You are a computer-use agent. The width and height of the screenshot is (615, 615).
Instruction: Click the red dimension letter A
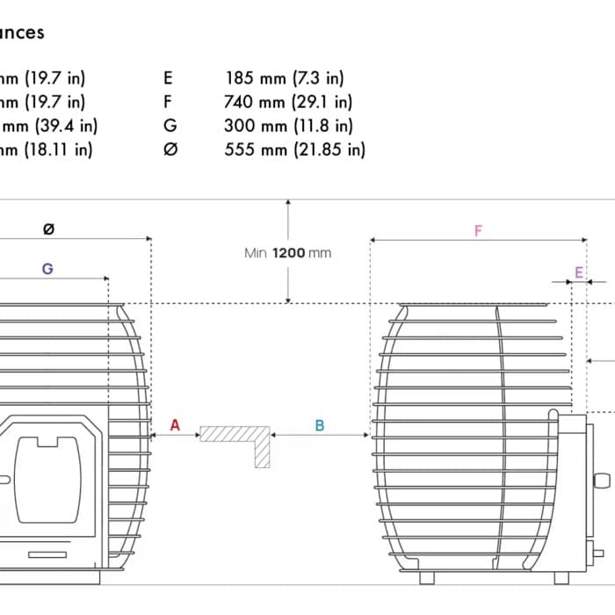click(x=175, y=425)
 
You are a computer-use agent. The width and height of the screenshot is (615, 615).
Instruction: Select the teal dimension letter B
click(x=320, y=425)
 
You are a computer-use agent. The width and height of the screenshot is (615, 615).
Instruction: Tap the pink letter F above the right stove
click(x=478, y=231)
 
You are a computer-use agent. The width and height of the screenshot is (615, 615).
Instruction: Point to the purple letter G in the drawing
click(x=47, y=269)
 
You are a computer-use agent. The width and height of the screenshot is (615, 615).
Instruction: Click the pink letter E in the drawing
click(x=578, y=273)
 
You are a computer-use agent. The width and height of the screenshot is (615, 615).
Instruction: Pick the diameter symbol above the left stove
click(x=48, y=229)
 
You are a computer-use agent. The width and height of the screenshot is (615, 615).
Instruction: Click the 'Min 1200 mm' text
click(x=288, y=253)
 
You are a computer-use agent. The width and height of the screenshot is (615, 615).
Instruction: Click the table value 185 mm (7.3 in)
click(x=285, y=78)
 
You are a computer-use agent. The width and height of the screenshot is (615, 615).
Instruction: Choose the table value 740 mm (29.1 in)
click(x=288, y=102)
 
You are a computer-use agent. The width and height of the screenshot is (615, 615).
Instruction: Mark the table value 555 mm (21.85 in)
click(x=294, y=149)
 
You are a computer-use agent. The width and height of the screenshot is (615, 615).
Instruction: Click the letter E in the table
click(x=168, y=78)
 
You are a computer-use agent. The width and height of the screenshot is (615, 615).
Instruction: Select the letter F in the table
click(x=168, y=102)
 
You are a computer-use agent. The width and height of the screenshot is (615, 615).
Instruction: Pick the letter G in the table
click(x=170, y=126)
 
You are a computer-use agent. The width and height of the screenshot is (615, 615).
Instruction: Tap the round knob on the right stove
click(x=602, y=481)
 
